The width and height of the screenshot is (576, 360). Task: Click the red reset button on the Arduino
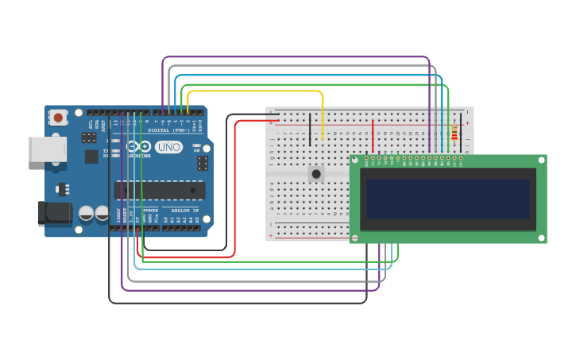coord(58,118)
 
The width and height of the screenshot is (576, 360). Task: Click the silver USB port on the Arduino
coord(46,149)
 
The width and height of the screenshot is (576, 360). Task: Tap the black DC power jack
coord(54,213)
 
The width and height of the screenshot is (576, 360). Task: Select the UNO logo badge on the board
coord(168,147)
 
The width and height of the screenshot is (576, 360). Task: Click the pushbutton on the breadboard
coord(316,173)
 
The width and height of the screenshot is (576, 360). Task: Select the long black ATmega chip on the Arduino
coord(160,190)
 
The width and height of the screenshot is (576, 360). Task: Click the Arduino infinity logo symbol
coord(138,147)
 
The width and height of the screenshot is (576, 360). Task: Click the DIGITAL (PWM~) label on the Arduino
coord(168,130)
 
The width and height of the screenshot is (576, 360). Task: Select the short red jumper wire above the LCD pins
coord(373,136)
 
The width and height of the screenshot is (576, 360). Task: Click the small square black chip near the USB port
coord(91,156)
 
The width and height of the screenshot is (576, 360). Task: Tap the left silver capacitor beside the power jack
coord(86,213)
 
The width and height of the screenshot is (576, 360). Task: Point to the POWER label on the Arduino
coord(150,211)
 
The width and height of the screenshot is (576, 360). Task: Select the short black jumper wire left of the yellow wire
coord(310,130)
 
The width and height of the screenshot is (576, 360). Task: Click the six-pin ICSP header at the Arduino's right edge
coord(203,163)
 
